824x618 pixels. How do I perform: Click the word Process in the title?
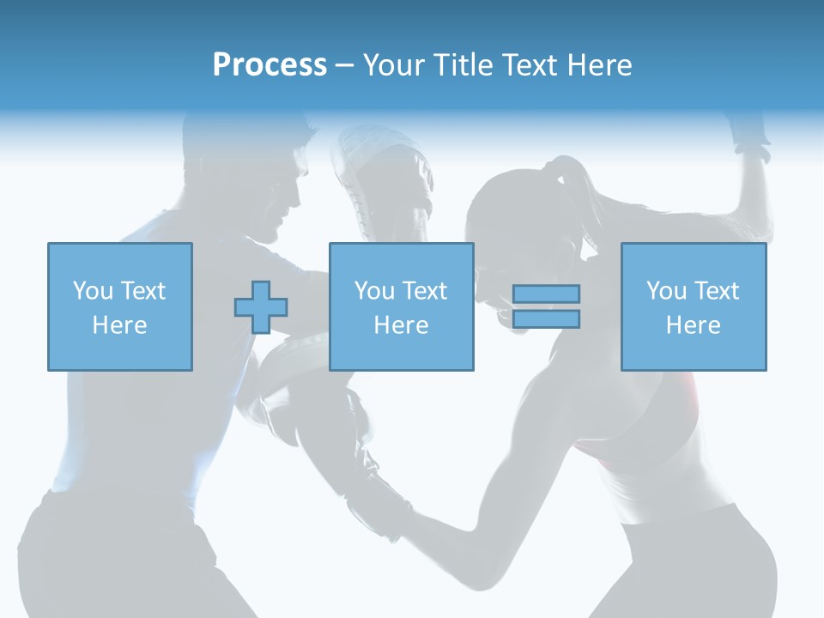click(270, 65)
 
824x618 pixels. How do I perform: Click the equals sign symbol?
click(546, 306)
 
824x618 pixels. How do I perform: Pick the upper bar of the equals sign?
click(546, 294)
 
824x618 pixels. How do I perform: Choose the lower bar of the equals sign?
click(546, 319)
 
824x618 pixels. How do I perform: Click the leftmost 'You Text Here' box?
click(119, 306)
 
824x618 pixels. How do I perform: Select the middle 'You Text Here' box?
click(401, 306)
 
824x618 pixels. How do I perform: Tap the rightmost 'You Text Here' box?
click(693, 306)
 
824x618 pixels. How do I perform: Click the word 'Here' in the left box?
click(119, 325)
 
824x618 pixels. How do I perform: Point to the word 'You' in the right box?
click(665, 291)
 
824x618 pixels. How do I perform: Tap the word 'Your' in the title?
click(394, 65)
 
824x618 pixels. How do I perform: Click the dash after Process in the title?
click(344, 65)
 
